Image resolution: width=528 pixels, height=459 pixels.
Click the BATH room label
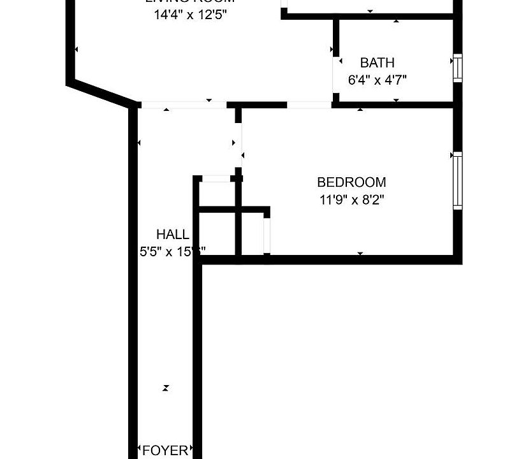click(x=377, y=62)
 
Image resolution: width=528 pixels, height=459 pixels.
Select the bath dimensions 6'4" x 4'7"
click(x=377, y=80)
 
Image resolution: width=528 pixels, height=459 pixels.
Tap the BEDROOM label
click(x=352, y=182)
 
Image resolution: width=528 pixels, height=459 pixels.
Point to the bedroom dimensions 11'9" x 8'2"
click(x=352, y=199)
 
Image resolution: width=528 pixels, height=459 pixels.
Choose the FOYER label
click(x=165, y=450)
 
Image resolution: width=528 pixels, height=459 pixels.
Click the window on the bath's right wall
click(x=457, y=69)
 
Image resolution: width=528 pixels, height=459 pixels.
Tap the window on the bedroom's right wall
click(x=457, y=180)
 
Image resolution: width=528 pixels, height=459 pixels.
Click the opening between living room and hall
click(x=183, y=105)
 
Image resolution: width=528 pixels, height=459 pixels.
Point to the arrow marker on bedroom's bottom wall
click(x=360, y=254)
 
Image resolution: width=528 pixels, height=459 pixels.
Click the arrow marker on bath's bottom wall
click(x=396, y=100)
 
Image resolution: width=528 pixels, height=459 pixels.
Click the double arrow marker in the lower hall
click(x=166, y=388)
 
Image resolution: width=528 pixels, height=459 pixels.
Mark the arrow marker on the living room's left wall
click(x=77, y=49)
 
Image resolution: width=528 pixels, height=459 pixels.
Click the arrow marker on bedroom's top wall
click(x=360, y=110)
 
